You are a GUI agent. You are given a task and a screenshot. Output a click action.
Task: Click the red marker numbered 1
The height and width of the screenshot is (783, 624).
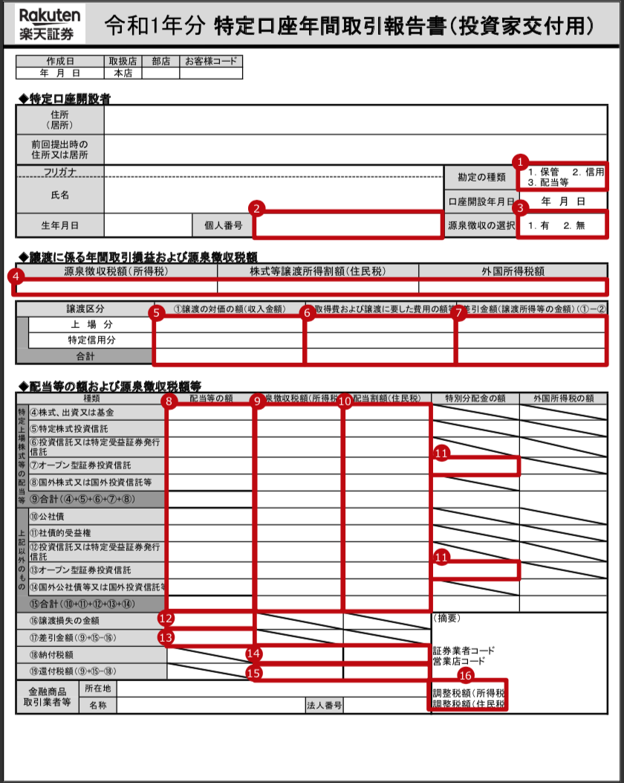521,161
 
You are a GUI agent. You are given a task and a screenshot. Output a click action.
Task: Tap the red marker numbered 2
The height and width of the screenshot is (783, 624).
257,209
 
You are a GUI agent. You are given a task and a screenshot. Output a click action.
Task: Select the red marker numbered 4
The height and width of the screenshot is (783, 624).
13,275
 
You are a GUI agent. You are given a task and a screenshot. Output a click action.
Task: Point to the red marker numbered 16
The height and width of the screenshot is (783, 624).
466,675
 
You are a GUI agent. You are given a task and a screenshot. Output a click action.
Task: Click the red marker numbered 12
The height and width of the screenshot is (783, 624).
166,616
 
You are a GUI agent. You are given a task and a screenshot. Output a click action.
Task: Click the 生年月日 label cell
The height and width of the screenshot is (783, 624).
59,224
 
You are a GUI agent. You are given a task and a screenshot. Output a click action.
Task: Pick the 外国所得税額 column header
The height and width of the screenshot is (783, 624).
513,271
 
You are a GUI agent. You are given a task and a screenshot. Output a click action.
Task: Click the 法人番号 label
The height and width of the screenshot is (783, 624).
324,705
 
